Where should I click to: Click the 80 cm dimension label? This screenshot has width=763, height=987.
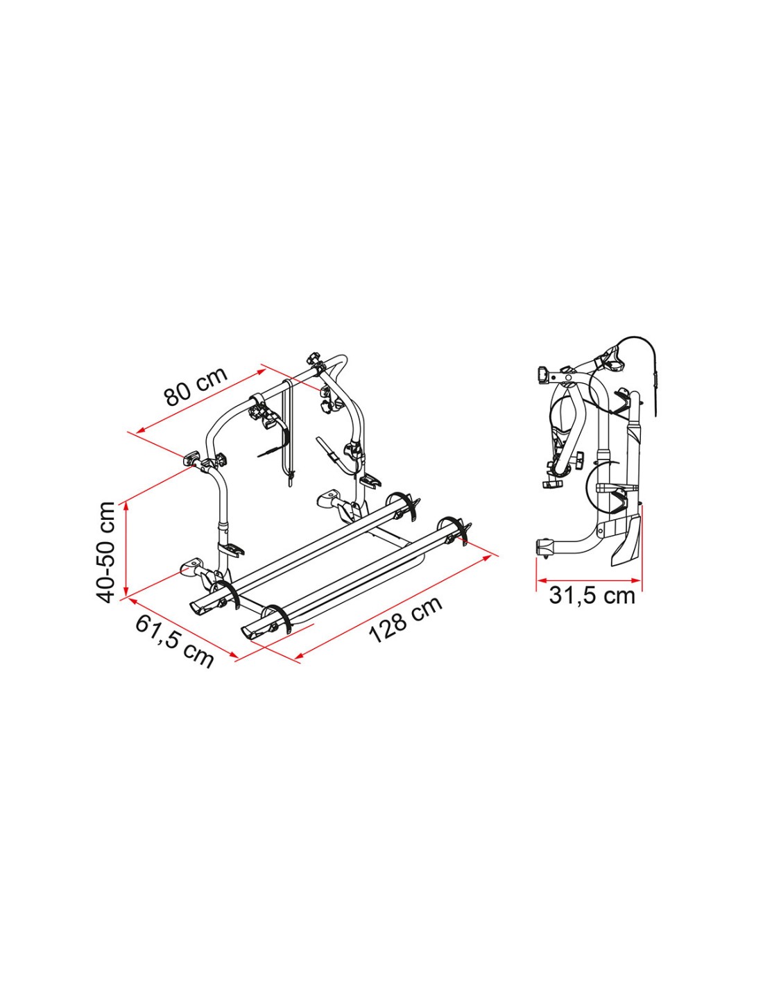[x=196, y=387]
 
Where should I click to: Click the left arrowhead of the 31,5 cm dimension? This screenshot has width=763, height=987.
[x=542, y=580]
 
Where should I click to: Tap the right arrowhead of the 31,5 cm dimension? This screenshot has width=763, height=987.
[x=635, y=580]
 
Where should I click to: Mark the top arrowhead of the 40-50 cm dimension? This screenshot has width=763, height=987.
[x=127, y=505]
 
